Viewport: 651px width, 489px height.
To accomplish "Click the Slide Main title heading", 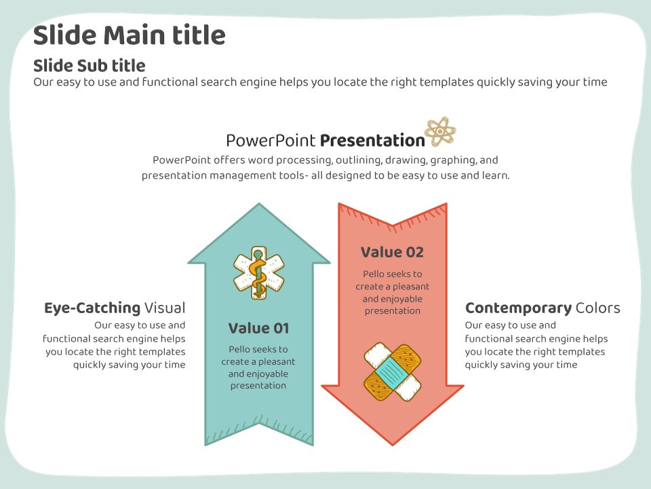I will (x=129, y=35).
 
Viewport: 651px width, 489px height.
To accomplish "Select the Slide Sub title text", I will (x=89, y=66).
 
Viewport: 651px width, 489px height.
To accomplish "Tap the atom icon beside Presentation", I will (x=440, y=131).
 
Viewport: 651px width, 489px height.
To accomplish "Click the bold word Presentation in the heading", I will (x=372, y=141).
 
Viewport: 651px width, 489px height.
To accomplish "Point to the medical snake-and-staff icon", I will (x=259, y=273).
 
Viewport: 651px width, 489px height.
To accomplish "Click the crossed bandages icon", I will (x=393, y=372).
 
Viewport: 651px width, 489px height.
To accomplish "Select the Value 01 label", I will (x=258, y=329).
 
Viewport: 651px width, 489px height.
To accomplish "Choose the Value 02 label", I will (x=392, y=253).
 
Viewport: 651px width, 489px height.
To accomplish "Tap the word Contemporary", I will (x=518, y=308).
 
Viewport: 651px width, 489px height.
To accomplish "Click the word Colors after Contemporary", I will (x=597, y=308).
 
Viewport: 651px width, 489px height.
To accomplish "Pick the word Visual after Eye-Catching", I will (x=165, y=308).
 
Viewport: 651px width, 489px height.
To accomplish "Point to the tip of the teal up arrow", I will (x=258, y=205).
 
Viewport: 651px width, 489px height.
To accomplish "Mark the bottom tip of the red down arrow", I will (x=393, y=444).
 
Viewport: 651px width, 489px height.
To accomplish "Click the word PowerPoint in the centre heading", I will (x=271, y=141).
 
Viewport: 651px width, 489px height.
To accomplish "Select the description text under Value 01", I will (x=258, y=367).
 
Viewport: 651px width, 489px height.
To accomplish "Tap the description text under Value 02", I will (x=392, y=292).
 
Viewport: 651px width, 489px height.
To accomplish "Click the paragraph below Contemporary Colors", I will (x=536, y=345).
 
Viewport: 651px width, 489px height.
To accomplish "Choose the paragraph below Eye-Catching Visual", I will (x=115, y=345).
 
